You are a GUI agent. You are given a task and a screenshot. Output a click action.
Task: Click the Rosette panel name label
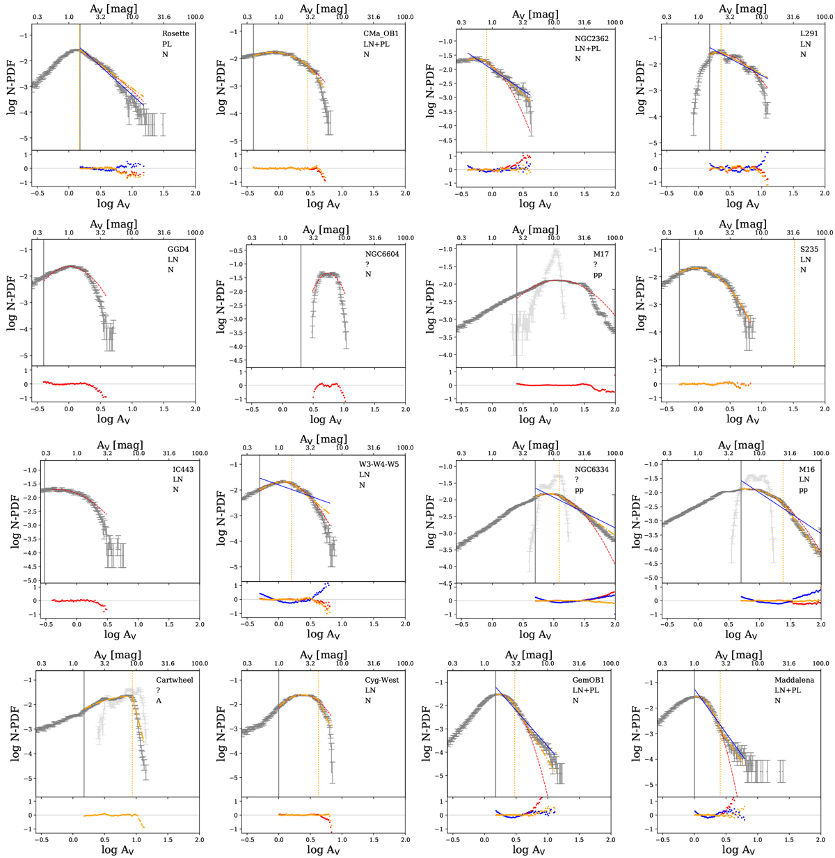pyautogui.click(x=175, y=33)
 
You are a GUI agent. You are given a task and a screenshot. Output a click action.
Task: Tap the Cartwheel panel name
pyautogui.click(x=175, y=680)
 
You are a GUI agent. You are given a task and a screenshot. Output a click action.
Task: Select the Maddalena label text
pyautogui.click(x=794, y=680)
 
